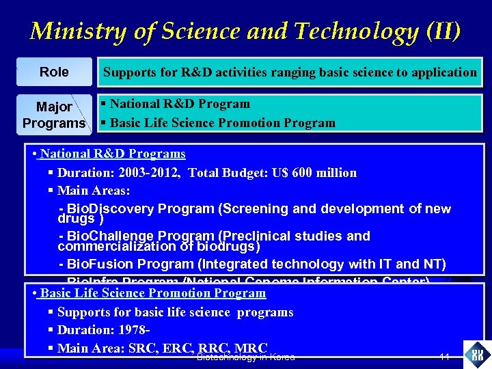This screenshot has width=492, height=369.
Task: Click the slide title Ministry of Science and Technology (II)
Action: (x=245, y=31)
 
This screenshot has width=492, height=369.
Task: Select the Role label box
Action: (x=54, y=72)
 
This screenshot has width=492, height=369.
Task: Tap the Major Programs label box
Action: (x=54, y=115)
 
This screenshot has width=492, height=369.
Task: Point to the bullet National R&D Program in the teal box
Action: (x=179, y=104)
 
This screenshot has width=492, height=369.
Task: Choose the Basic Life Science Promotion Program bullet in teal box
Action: (x=222, y=123)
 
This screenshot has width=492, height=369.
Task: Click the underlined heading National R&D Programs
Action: (x=113, y=154)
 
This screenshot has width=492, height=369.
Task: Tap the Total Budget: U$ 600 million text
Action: (x=272, y=173)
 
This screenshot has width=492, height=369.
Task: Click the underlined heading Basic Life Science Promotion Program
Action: (x=152, y=293)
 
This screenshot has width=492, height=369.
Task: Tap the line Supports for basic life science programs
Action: (x=175, y=312)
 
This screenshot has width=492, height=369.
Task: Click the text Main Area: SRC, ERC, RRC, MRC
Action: (x=162, y=348)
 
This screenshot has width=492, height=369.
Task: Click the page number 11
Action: (x=444, y=357)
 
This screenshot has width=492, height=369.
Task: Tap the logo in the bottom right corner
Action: (x=476, y=354)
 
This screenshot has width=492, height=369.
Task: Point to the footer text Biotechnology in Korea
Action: (x=245, y=357)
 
